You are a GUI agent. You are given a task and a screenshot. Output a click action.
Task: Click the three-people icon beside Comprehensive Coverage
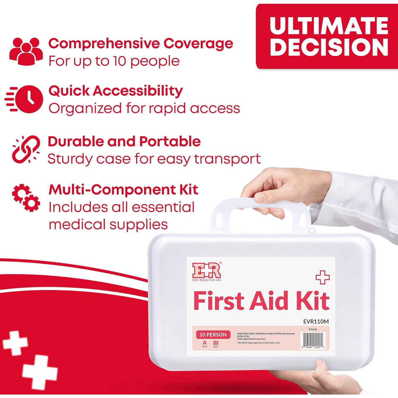(x=26, y=51)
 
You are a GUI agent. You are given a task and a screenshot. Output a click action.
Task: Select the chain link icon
(x=26, y=149)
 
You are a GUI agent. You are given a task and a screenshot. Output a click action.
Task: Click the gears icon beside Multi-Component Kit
(x=26, y=198)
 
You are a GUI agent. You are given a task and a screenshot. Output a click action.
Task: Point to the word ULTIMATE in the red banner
(x=329, y=26)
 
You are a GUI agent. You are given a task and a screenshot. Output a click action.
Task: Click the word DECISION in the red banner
(x=329, y=47)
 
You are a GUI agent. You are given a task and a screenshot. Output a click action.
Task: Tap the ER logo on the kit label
(x=207, y=271)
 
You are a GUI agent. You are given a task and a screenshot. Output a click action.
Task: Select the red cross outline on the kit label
(x=322, y=278)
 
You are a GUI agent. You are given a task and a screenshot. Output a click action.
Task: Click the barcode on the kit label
(x=313, y=340)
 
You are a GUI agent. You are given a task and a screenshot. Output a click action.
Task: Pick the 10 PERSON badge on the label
(x=213, y=335)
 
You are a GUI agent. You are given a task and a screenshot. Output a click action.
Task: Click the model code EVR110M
(x=316, y=321)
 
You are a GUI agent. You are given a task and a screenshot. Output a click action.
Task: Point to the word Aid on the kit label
(x=268, y=301)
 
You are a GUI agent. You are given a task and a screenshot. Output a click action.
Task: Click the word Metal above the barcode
(x=313, y=329)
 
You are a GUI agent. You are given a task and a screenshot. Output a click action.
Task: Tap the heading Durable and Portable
(x=124, y=141)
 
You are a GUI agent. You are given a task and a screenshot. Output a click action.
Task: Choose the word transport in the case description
(x=227, y=159)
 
